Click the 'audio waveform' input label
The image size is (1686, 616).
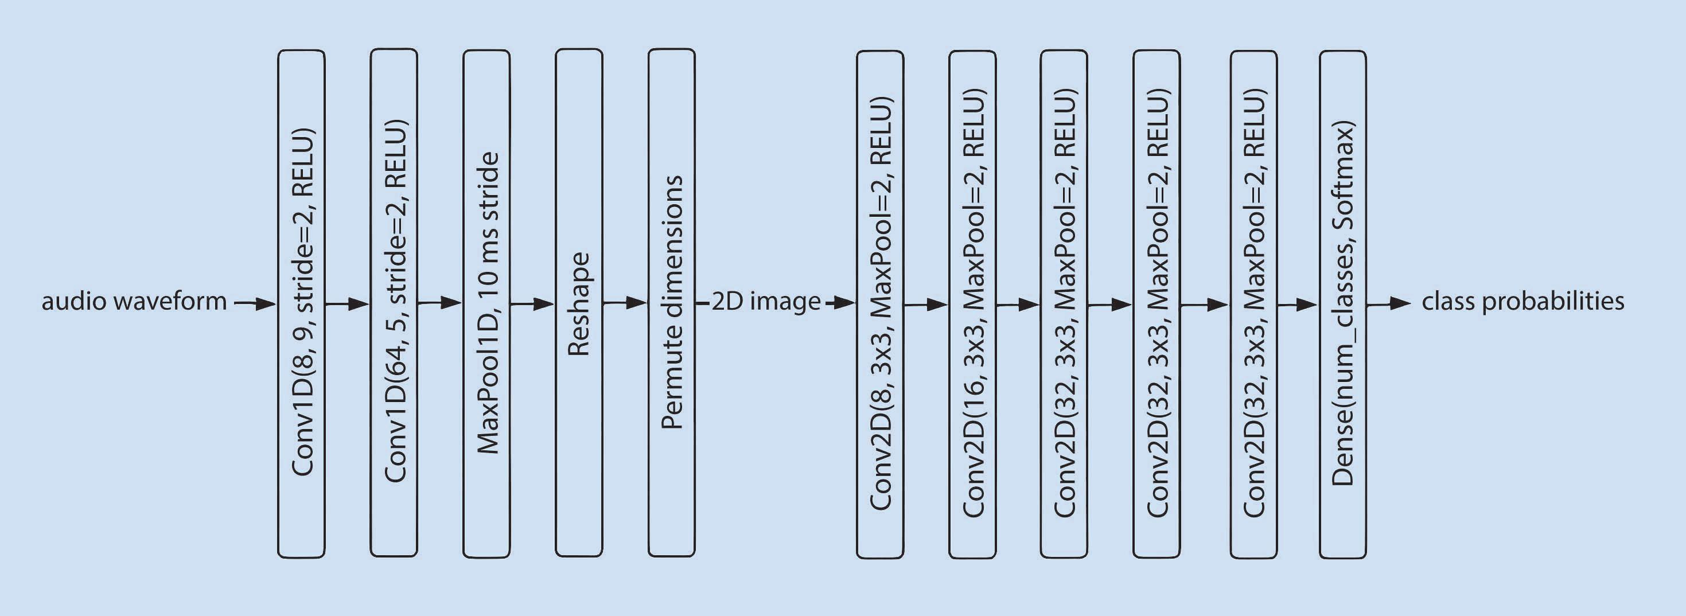pyautogui.click(x=134, y=302)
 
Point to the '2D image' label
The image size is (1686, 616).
pyautogui.click(x=766, y=302)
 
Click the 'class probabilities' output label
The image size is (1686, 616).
pyautogui.click(x=1523, y=302)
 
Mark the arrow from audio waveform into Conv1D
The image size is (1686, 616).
pyautogui.click(x=255, y=304)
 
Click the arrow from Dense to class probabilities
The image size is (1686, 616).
pyautogui.click(x=1389, y=304)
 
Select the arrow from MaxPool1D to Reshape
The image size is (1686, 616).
pyautogui.click(x=532, y=304)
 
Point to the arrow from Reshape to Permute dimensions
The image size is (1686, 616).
pyautogui.click(x=625, y=303)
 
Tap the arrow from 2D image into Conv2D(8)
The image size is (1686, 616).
pyautogui.click(x=840, y=303)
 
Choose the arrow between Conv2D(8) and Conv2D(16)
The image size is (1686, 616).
pyautogui.click(x=926, y=305)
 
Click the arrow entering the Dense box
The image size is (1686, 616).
pyautogui.click(x=1298, y=305)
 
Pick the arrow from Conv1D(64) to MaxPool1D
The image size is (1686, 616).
pyautogui.click(x=440, y=303)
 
